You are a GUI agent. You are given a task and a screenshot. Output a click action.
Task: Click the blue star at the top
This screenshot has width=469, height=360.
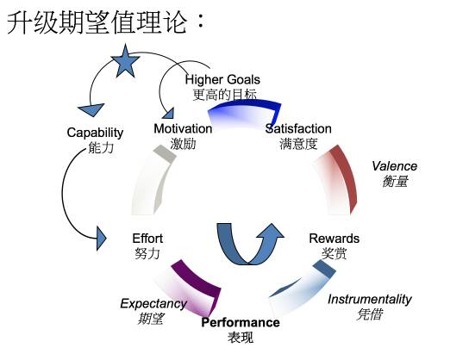click(x=125, y=61)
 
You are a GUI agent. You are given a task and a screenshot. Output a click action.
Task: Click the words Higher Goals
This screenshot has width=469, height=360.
click(x=222, y=80)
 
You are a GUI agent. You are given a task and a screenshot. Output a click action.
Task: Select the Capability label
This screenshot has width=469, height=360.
click(x=95, y=133)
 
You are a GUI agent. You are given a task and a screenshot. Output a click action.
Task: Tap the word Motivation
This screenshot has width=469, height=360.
click(x=183, y=129)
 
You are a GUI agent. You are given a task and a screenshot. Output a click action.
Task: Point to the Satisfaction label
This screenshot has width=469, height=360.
click(x=298, y=129)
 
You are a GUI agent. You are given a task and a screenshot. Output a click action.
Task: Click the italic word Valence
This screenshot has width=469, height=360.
click(x=394, y=166)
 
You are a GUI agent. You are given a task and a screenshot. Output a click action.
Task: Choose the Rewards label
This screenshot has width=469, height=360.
click(x=335, y=239)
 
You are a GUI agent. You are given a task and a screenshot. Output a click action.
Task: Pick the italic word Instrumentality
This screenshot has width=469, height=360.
click(x=370, y=299)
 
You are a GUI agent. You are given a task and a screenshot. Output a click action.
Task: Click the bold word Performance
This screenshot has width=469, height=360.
click(x=241, y=322)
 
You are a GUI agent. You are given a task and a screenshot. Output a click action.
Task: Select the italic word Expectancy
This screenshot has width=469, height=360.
click(x=153, y=304)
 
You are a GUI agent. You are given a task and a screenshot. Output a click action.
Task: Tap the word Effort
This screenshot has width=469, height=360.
click(x=147, y=239)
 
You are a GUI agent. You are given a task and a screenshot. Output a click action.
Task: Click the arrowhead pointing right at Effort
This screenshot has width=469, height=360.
click(x=102, y=238)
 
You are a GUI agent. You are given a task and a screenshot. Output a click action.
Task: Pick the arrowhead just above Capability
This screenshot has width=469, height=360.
click(x=91, y=109)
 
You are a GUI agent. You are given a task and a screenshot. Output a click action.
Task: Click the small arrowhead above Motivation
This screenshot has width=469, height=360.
click(x=168, y=114)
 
